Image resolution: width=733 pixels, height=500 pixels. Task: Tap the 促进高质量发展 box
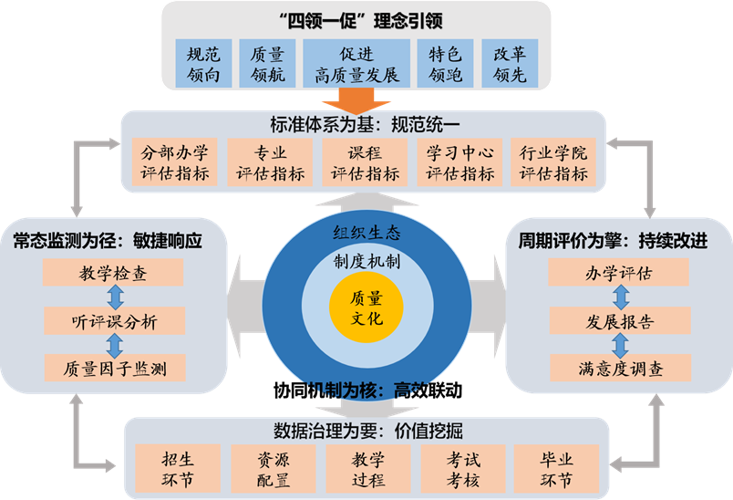click(x=356, y=63)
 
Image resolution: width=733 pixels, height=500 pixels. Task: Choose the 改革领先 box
click(x=510, y=63)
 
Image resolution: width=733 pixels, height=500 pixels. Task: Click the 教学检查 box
click(x=113, y=272)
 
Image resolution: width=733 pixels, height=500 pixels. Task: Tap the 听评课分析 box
click(x=113, y=320)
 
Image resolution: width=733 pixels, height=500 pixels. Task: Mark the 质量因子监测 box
click(x=113, y=368)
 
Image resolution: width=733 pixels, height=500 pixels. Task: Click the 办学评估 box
click(x=619, y=272)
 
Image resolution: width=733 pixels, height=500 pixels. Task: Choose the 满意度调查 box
click(x=619, y=368)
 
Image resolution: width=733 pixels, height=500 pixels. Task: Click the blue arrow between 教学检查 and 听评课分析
click(x=114, y=296)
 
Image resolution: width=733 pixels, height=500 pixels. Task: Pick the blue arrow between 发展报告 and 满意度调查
click(x=620, y=344)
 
